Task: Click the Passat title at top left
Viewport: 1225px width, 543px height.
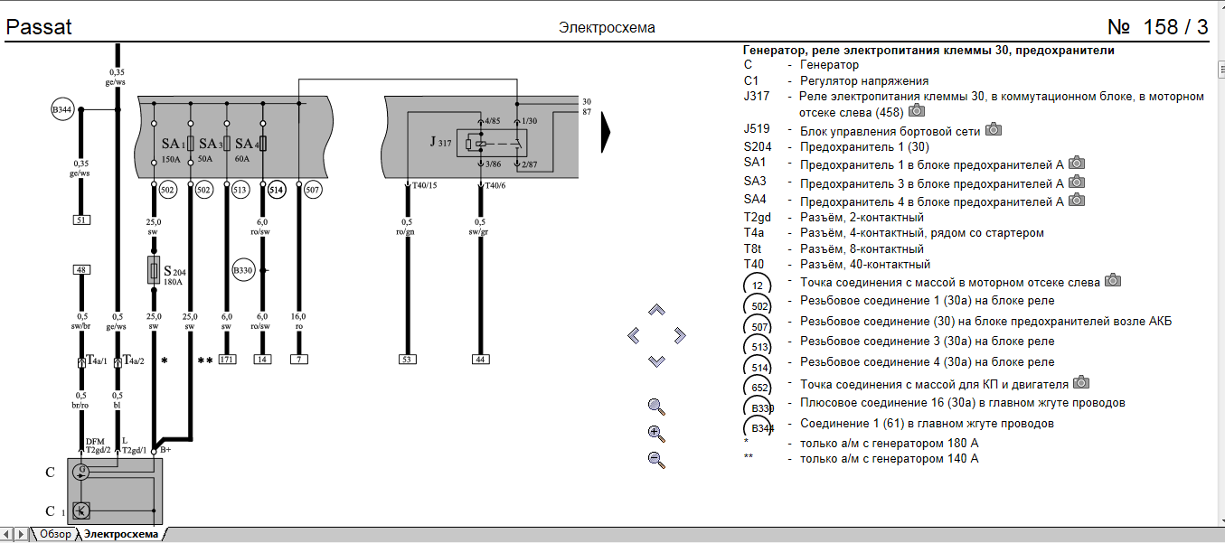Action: (39, 27)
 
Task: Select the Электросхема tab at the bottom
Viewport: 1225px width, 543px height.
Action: (127, 534)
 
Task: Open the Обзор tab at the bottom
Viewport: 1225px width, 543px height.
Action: (55, 534)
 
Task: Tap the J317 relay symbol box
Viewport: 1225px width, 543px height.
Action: (486, 143)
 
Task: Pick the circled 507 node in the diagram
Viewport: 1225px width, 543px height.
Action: (313, 190)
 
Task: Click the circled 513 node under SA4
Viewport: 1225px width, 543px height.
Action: (240, 190)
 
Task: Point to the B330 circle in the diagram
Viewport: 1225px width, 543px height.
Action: (243, 269)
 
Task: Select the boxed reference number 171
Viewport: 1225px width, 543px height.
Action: (226, 360)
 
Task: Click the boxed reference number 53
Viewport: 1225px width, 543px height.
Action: (408, 360)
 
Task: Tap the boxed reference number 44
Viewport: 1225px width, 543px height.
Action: (480, 360)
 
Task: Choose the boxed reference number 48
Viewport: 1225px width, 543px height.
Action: (81, 269)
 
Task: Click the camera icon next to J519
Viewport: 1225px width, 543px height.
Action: (994, 129)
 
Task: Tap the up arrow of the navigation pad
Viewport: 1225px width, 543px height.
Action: (657, 310)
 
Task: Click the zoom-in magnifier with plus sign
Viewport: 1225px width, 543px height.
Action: (657, 433)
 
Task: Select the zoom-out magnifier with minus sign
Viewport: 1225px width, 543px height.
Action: (657, 460)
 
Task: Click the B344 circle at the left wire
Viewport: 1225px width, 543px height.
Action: (62, 111)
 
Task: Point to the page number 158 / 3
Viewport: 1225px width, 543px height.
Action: (1157, 27)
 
